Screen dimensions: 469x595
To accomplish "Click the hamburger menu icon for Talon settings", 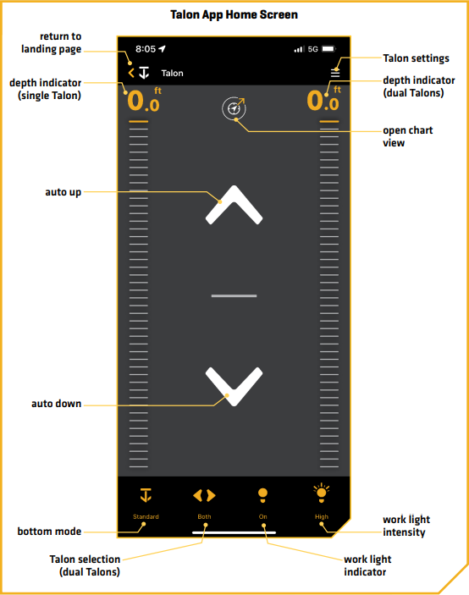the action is [335, 73].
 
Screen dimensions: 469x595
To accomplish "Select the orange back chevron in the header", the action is [131, 73].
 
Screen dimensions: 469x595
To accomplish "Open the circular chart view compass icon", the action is [234, 108].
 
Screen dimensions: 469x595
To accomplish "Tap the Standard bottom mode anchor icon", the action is [146, 495].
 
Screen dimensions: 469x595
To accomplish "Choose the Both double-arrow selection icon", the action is [204, 495].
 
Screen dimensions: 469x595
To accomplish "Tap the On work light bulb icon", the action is [262, 496].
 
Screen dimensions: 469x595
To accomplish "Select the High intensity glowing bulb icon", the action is [322, 493].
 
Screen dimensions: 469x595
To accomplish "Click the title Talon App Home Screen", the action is [234, 14].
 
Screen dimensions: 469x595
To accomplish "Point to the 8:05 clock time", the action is [146, 49].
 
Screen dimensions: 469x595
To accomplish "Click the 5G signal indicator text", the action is [312, 49].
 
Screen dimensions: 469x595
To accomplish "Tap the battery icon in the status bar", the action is [328, 48].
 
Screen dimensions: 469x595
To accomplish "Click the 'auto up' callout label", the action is [63, 192].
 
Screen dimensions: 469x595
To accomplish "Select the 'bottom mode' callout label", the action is [49, 532].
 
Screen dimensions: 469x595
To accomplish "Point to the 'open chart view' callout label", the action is [407, 136].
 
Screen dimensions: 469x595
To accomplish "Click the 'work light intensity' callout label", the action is [406, 526].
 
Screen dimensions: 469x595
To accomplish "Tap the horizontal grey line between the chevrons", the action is [234, 295].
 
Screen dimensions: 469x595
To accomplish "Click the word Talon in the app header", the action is [172, 74].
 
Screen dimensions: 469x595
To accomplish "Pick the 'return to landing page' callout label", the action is [52, 43].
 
